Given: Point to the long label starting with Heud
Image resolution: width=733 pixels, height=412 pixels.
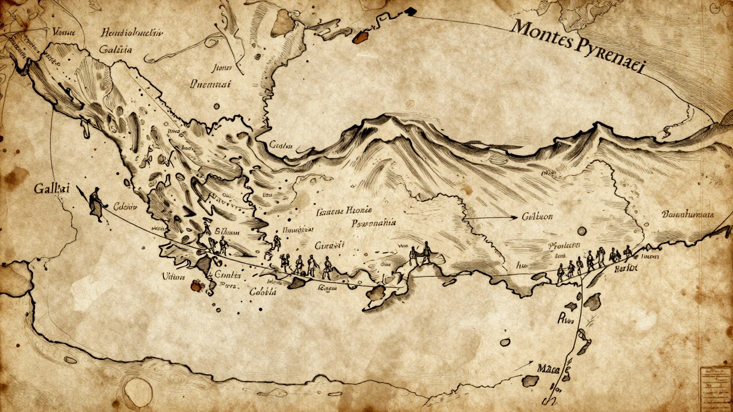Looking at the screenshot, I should click(x=128, y=32).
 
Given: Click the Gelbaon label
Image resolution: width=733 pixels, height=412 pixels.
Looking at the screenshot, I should click(x=537, y=217).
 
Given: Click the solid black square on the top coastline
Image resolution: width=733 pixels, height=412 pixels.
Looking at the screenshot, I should click(x=409, y=10).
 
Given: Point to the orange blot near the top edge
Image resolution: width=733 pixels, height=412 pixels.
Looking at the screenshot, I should click(x=360, y=38).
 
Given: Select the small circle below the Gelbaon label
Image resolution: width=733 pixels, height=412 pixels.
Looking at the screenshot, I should click(x=582, y=231).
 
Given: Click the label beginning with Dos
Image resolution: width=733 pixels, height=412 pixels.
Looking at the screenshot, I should click(x=688, y=215).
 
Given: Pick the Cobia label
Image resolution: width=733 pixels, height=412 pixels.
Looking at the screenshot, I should click(x=263, y=291).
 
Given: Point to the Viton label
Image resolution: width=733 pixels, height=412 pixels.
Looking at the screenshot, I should click(x=174, y=276).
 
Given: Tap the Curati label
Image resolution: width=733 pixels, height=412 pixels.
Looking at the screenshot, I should click(x=330, y=245).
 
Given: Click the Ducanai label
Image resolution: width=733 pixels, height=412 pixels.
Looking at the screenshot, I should click(x=210, y=84).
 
